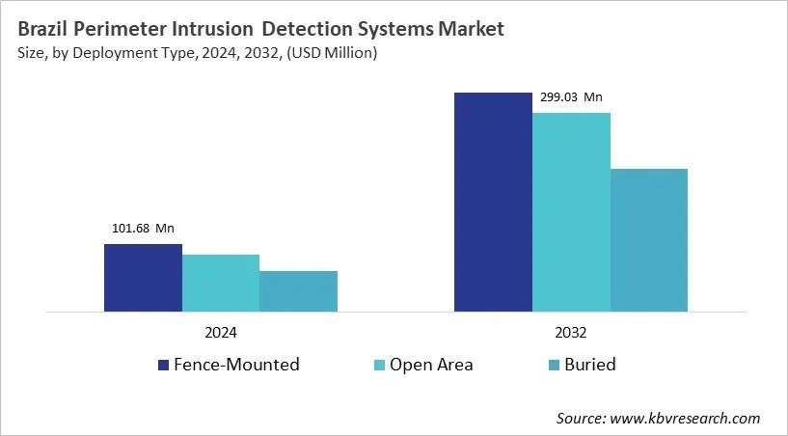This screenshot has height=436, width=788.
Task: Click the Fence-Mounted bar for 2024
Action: coord(143,278)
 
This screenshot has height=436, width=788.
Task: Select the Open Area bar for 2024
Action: coord(221,283)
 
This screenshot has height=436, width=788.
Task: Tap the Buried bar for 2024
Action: coord(298,291)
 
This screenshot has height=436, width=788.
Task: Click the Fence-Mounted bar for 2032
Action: coord(493,202)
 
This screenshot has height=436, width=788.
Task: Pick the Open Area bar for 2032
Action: coord(571,212)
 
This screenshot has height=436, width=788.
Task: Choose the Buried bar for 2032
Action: coord(649,240)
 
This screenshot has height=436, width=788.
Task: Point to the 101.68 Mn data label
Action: coord(143,229)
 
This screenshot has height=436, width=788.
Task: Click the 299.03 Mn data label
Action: coord(571,96)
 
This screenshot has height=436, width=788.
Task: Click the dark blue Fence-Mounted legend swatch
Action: coord(164,365)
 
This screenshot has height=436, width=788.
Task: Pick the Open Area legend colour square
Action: coord(380,365)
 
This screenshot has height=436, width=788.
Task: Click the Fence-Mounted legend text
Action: coord(236,365)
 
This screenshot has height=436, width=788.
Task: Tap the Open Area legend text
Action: coord(431,365)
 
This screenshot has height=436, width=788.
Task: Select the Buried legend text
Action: coord(591,365)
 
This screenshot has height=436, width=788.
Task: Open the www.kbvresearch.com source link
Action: coord(686,418)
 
